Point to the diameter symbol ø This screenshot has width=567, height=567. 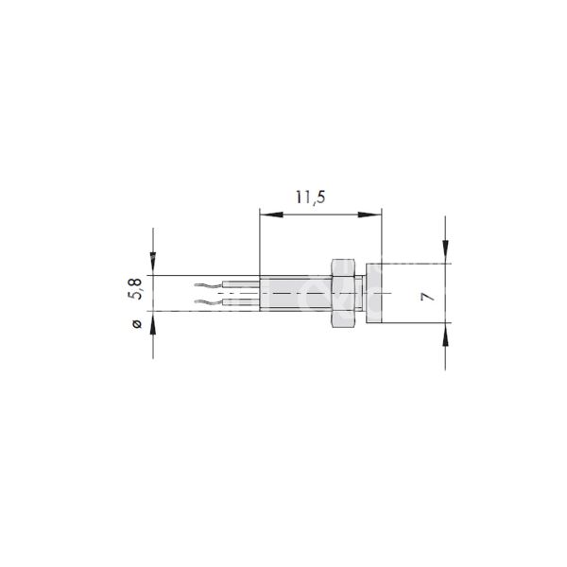(x=135, y=324)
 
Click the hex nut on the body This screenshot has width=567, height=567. (x=344, y=294)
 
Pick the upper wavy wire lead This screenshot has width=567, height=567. (x=207, y=284)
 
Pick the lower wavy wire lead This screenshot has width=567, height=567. (x=207, y=302)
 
